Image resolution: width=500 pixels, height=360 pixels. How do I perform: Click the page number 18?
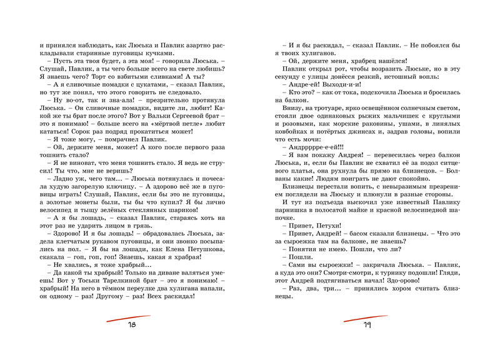pos(131,324)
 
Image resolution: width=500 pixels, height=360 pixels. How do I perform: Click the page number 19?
pos(367,324)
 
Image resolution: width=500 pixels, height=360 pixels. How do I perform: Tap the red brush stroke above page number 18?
pos(131,316)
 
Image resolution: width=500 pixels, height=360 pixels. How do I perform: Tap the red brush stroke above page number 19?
pos(366,316)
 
